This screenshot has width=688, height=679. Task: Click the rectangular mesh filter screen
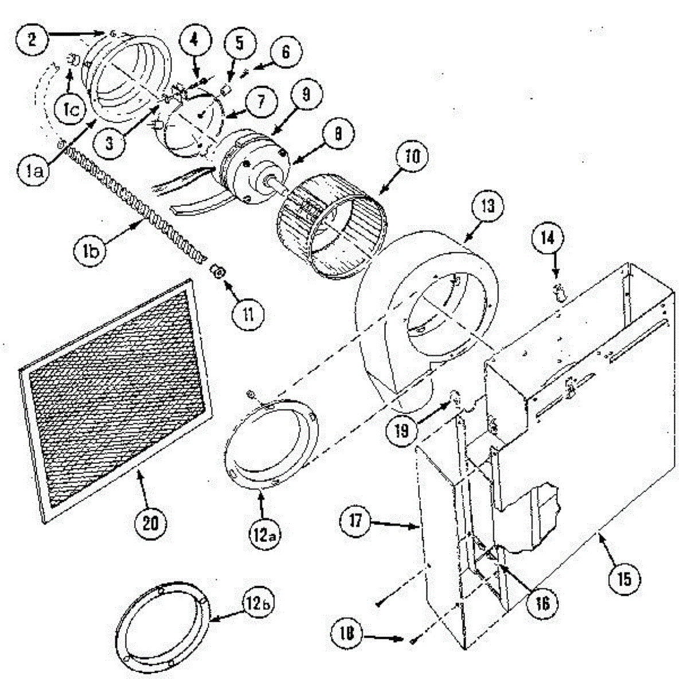tap(115, 401)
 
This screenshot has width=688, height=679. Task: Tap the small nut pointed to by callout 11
tap(217, 270)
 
